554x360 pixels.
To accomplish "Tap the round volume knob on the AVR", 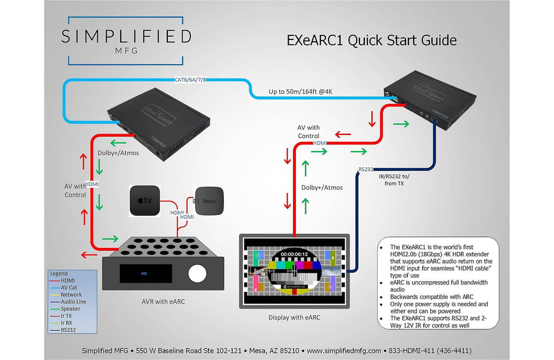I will (199, 273).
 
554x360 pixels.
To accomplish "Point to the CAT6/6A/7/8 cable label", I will (190, 80).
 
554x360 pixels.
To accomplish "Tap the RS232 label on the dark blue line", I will (365, 170).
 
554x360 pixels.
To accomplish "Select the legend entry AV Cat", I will (68, 288).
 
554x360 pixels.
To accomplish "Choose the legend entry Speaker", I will (70, 309).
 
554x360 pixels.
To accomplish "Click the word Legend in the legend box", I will (60, 274).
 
